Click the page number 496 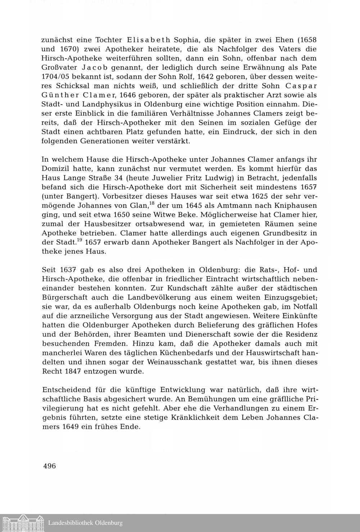pyautogui.click(x=49, y=466)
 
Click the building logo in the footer pyautogui.click(x=22, y=523)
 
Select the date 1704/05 pyautogui.click(x=56, y=77)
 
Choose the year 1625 pyautogui.click(x=226, y=197)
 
